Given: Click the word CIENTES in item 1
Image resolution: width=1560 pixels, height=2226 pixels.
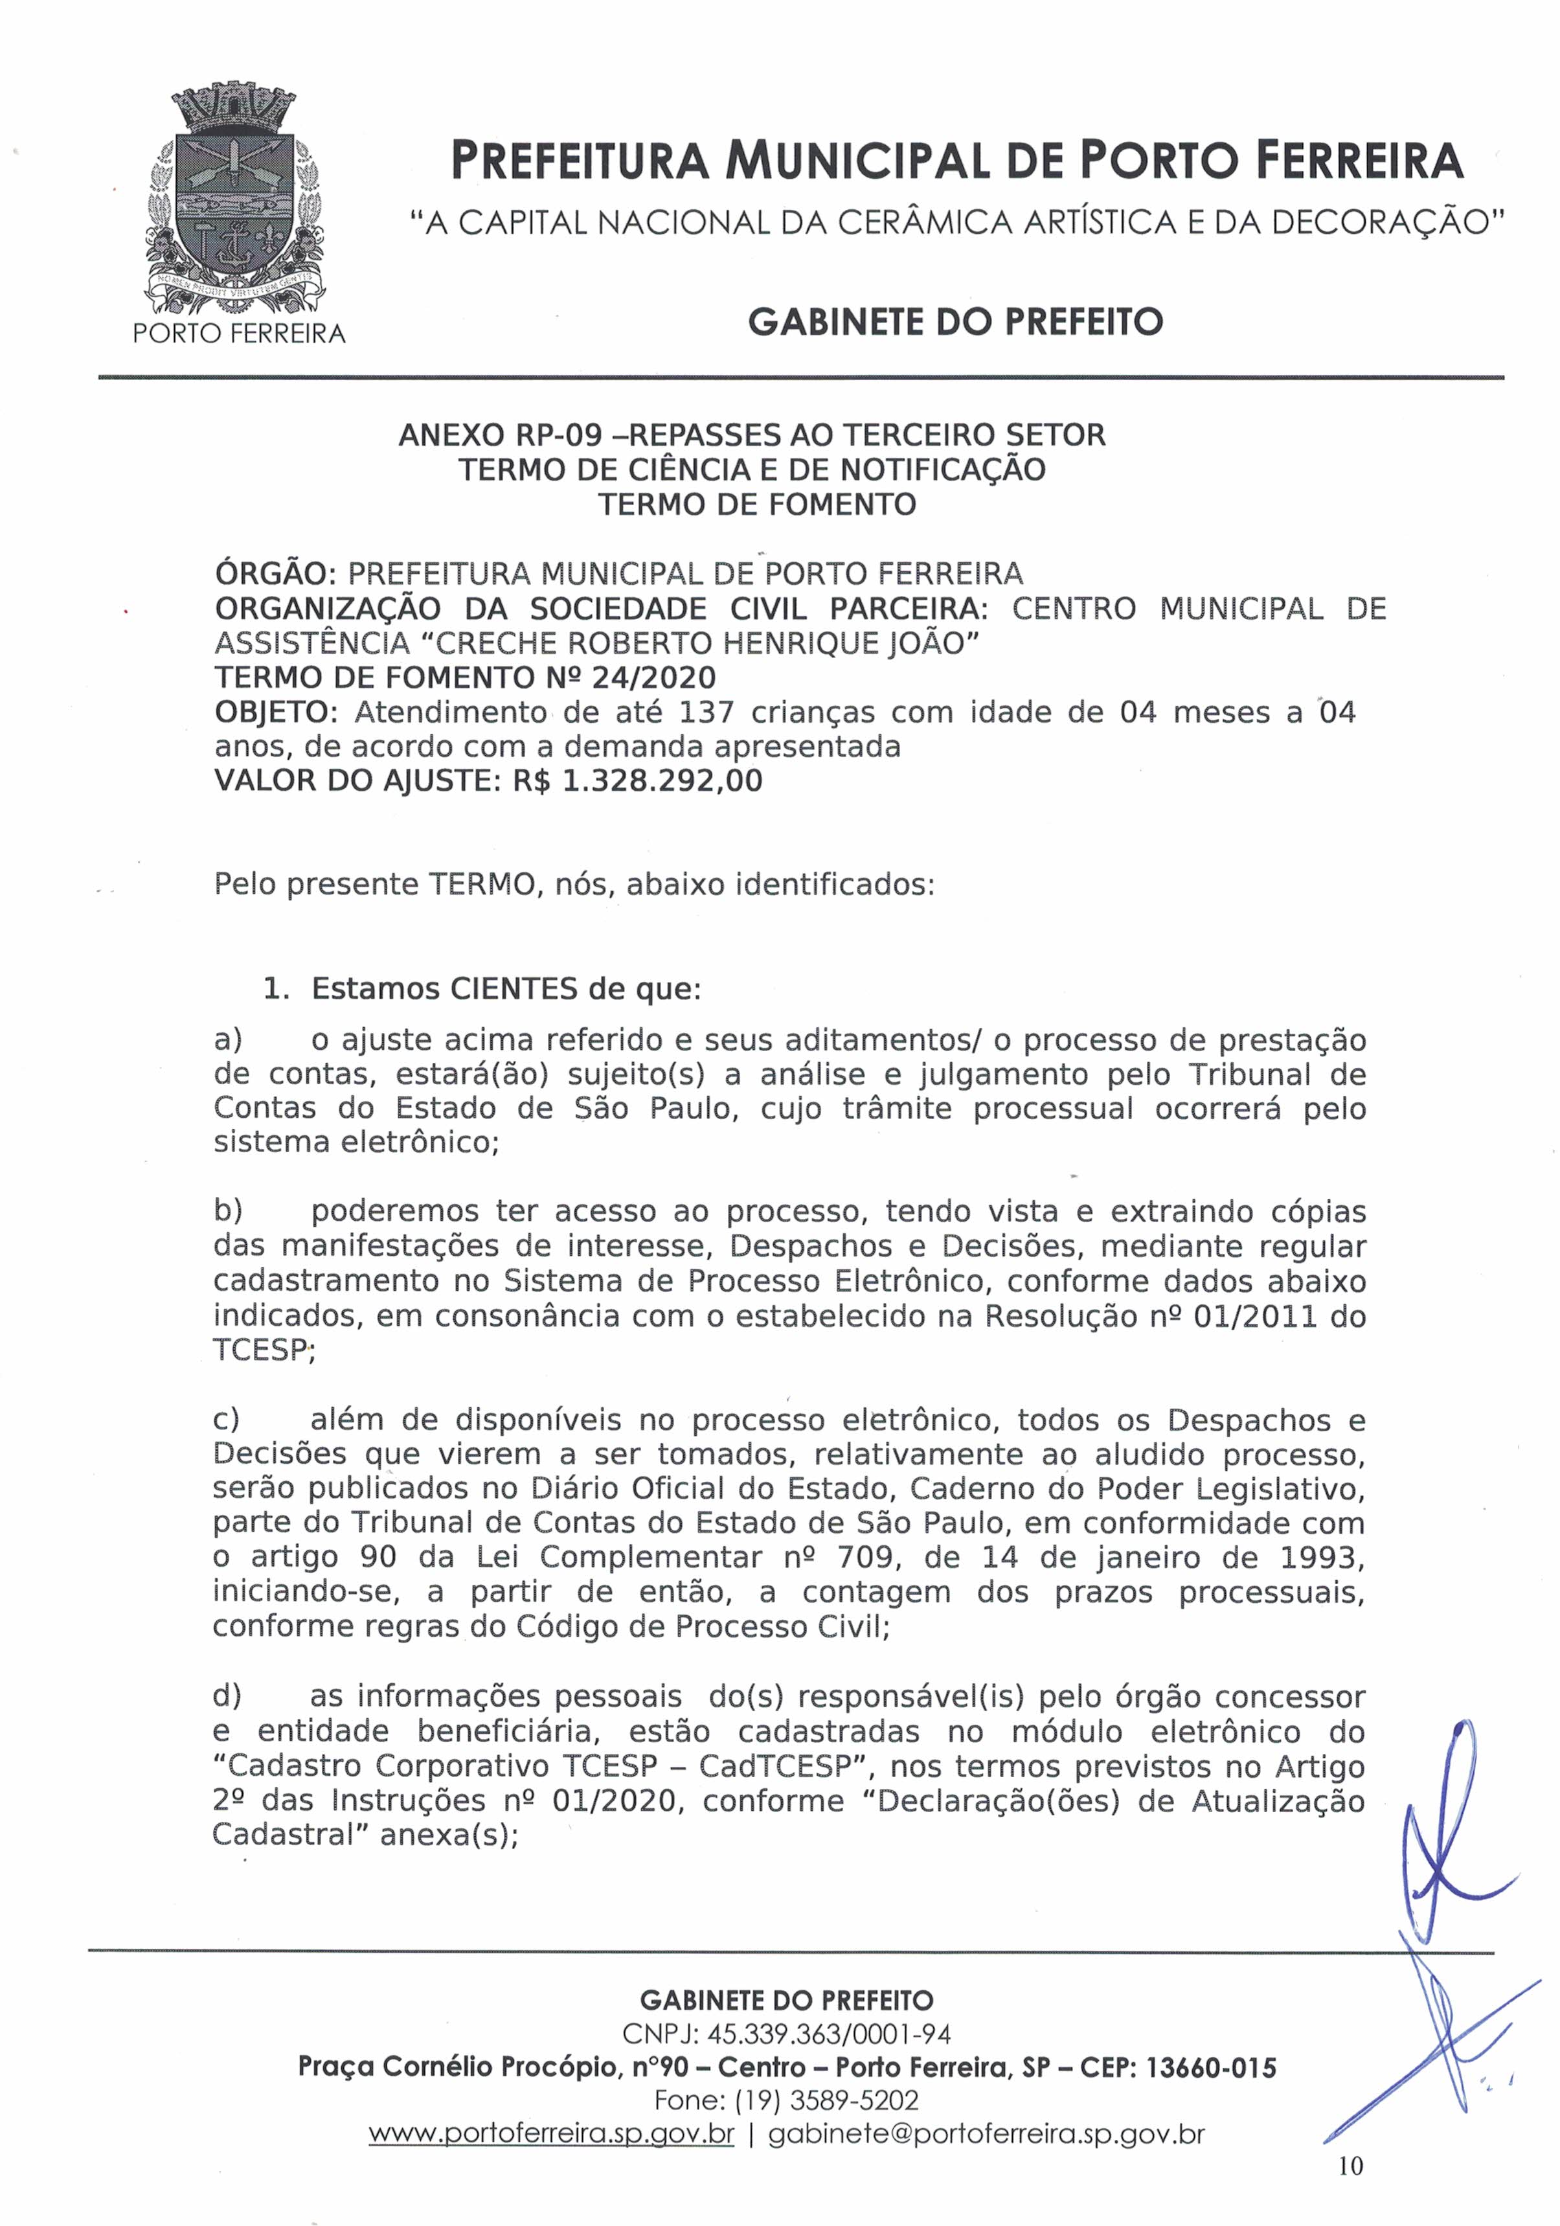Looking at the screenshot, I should [x=514, y=989].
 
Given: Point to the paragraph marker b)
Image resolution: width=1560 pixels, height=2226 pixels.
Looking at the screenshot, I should [x=228, y=1211].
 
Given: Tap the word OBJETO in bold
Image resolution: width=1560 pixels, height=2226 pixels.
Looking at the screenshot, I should [x=273, y=712].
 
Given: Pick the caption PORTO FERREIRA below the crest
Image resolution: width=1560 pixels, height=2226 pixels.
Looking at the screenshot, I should [x=238, y=334].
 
